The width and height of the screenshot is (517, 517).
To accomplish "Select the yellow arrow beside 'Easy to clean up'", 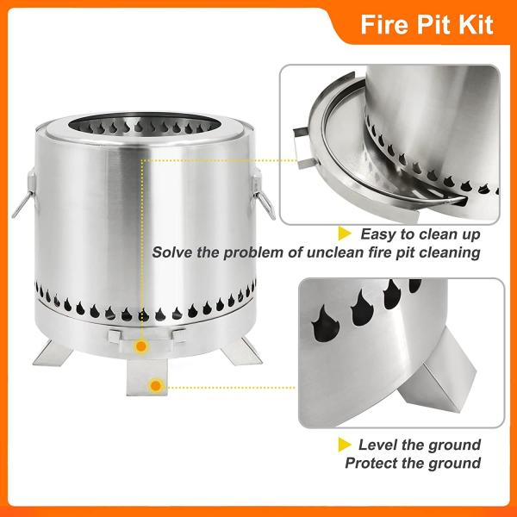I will click(344, 234).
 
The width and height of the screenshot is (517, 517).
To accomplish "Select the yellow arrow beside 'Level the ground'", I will click(344, 445).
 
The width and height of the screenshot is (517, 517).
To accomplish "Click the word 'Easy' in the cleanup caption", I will click(378, 234).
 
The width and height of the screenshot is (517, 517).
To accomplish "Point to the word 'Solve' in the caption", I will click(175, 252).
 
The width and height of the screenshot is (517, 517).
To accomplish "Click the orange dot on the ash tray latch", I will click(142, 346).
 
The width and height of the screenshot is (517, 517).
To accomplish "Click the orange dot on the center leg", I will click(155, 385).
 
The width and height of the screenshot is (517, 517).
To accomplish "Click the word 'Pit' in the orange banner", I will click(437, 24).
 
